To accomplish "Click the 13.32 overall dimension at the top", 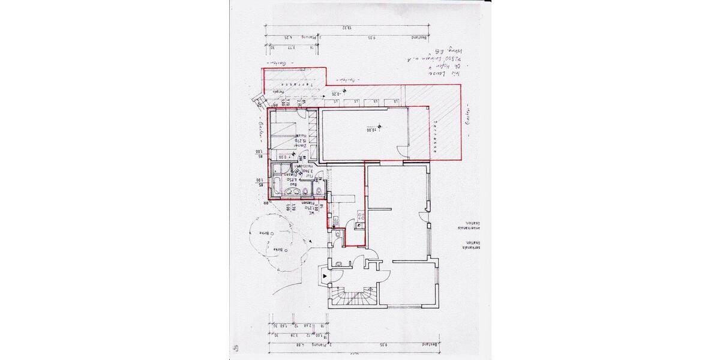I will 347,27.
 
